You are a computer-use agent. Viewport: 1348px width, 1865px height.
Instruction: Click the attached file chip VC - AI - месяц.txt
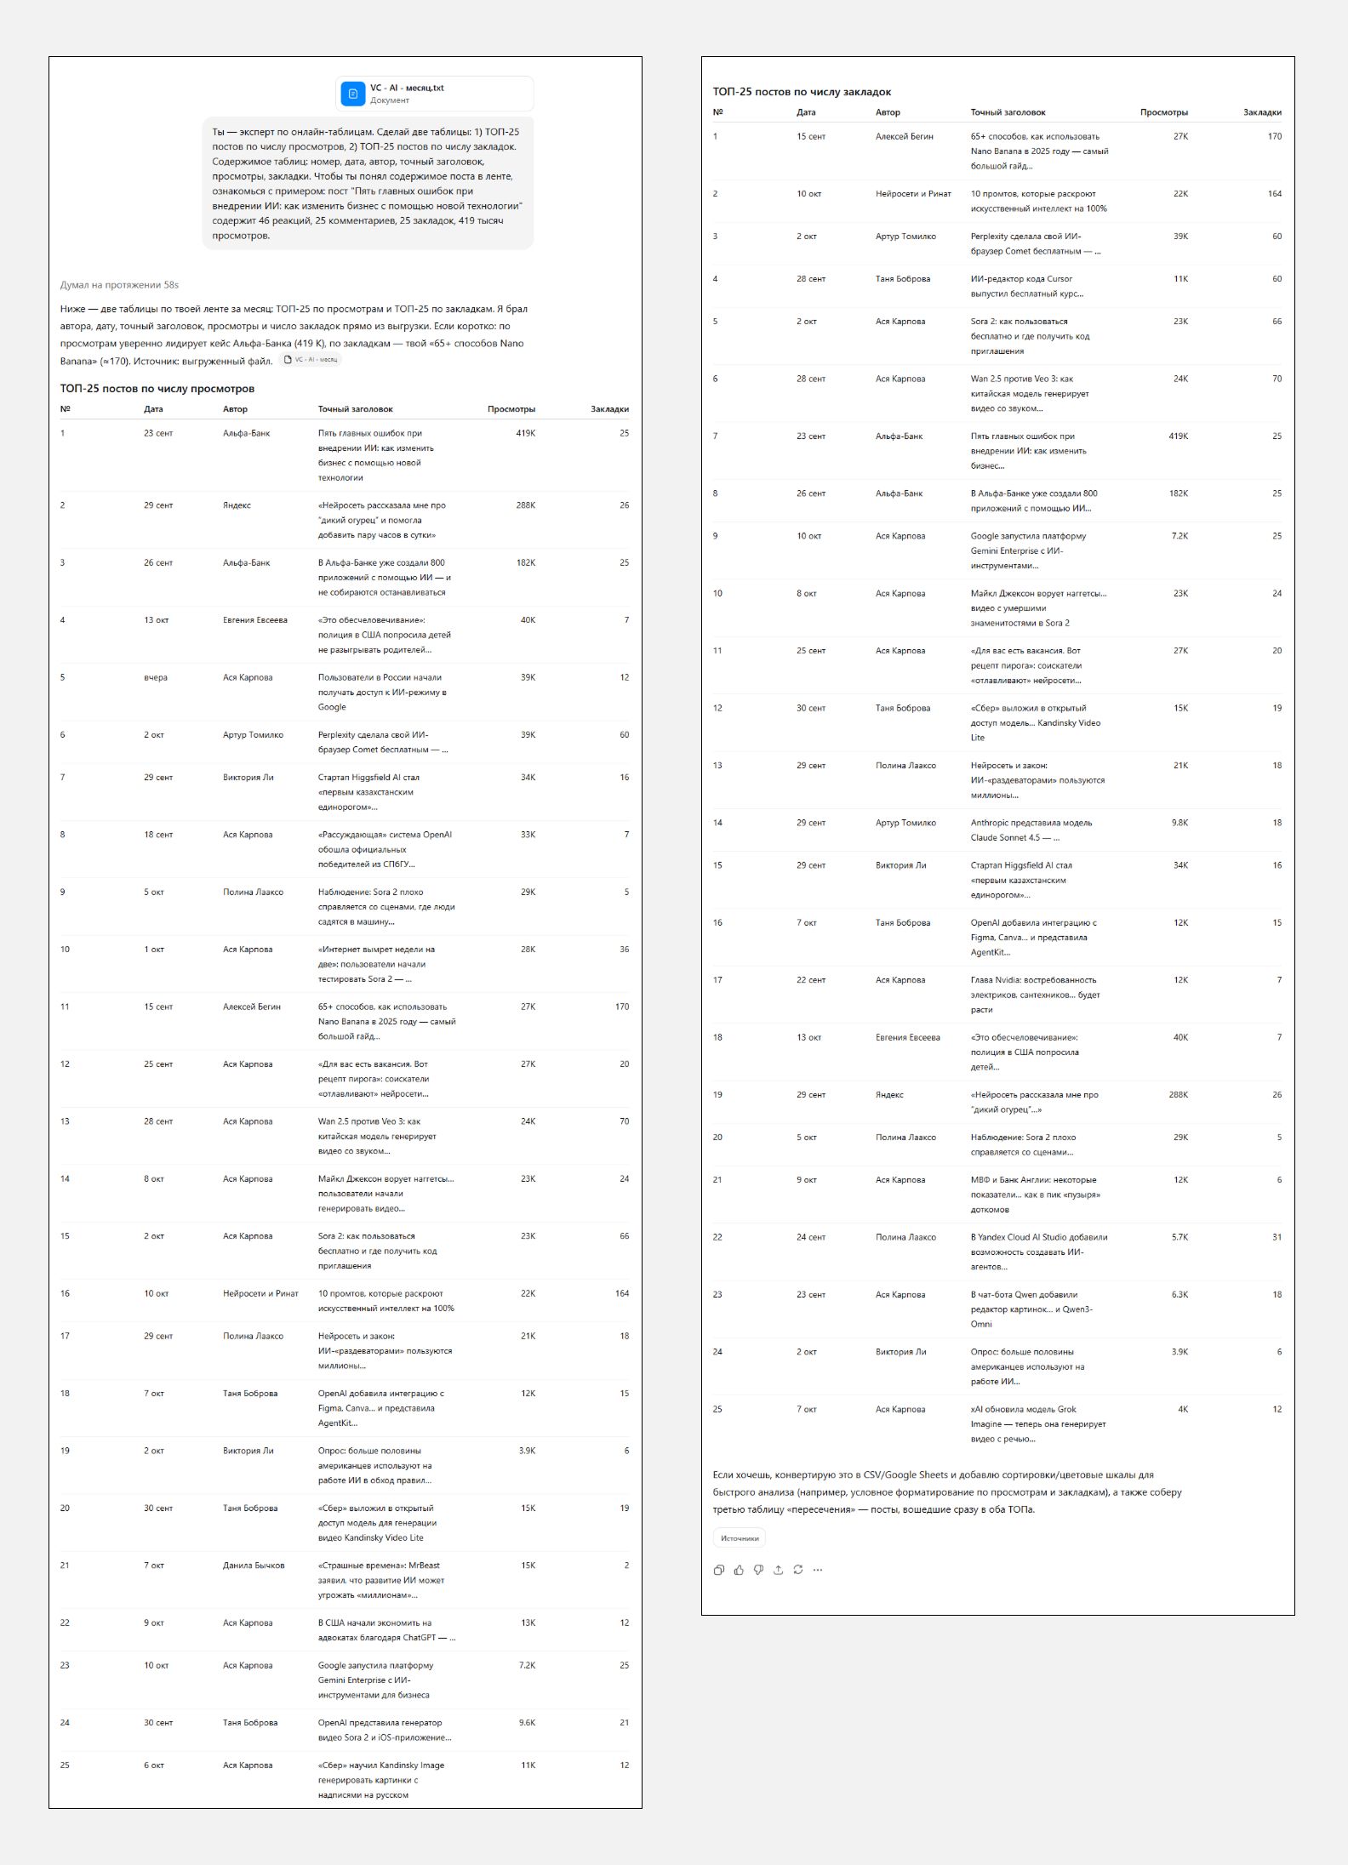pyautogui.click(x=434, y=94)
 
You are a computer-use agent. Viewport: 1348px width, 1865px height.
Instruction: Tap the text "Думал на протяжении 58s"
pyautogui.click(x=119, y=285)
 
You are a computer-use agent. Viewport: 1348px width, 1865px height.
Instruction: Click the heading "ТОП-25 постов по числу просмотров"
pyautogui.click(x=157, y=389)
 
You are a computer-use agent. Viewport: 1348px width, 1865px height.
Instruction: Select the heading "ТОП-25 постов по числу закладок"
pyautogui.click(x=802, y=92)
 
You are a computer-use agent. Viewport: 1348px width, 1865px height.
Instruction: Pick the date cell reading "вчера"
pyautogui.click(x=156, y=678)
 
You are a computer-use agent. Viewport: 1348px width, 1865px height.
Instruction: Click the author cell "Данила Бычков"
pyautogui.click(x=254, y=1566)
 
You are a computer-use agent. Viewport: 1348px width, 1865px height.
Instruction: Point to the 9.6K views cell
pyautogui.click(x=527, y=1723)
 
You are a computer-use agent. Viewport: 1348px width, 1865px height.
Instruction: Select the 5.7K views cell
pyautogui.click(x=1179, y=1237)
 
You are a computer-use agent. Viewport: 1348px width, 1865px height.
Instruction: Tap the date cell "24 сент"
pyautogui.click(x=811, y=1237)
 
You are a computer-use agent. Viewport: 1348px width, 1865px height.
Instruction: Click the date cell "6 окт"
pyautogui.click(x=154, y=1765)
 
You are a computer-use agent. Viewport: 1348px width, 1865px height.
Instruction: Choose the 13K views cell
pyautogui.click(x=528, y=1623)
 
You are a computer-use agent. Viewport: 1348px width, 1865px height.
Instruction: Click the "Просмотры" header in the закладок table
pyautogui.click(x=1163, y=112)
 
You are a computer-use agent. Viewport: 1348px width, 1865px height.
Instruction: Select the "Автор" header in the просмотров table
pyautogui.click(x=235, y=409)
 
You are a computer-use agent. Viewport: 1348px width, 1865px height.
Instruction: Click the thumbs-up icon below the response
pyautogui.click(x=739, y=1570)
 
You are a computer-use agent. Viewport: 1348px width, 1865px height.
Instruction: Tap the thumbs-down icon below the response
pyautogui.click(x=758, y=1570)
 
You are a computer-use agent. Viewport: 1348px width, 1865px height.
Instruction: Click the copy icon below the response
pyautogui.click(x=719, y=1570)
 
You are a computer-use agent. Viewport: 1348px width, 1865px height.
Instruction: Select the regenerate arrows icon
pyautogui.click(x=798, y=1570)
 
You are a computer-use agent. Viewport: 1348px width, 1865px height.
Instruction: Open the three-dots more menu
pyautogui.click(x=818, y=1570)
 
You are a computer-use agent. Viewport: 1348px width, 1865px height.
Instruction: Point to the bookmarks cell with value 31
pyautogui.click(x=1277, y=1237)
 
